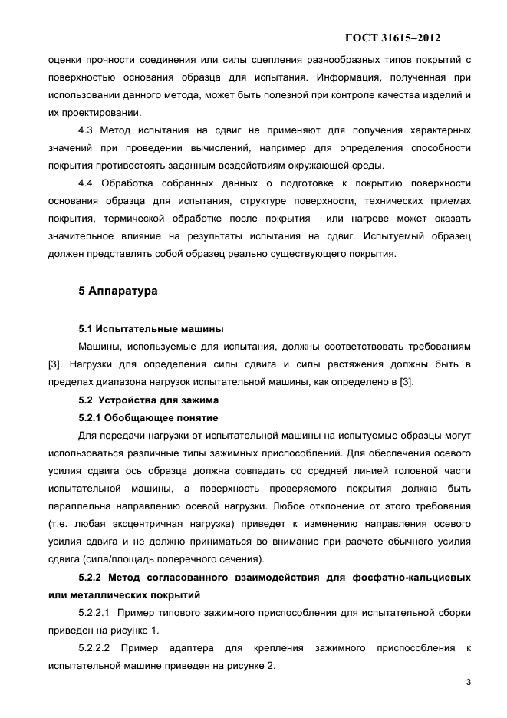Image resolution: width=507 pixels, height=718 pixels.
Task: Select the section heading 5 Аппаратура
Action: click(x=118, y=291)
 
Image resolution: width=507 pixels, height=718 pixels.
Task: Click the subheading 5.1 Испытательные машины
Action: click(x=151, y=329)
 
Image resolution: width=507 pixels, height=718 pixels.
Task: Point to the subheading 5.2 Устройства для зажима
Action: click(x=149, y=400)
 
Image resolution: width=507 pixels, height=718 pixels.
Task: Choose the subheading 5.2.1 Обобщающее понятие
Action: click(x=148, y=417)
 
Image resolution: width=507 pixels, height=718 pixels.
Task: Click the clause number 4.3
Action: click(x=86, y=130)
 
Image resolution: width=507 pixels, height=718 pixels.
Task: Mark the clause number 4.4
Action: click(x=86, y=183)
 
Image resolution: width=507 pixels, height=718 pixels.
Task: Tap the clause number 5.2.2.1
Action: click(x=94, y=613)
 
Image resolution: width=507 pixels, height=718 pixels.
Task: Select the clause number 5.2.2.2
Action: click(x=94, y=648)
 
